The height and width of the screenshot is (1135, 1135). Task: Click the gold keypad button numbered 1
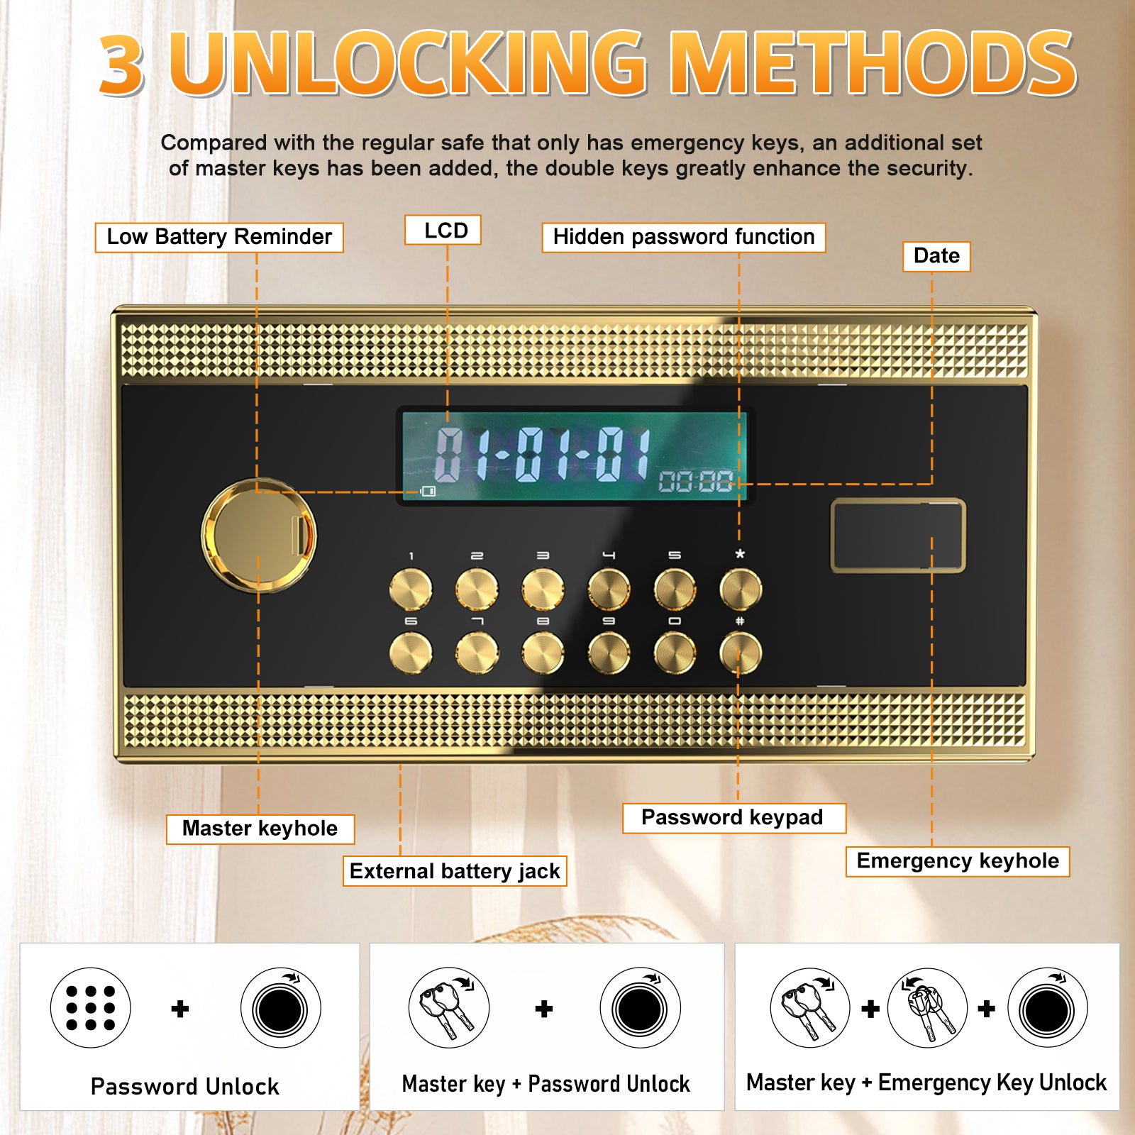pyautogui.click(x=411, y=589)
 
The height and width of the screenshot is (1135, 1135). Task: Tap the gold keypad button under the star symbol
pyautogui.click(x=741, y=589)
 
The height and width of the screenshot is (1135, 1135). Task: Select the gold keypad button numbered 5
pyautogui.click(x=675, y=589)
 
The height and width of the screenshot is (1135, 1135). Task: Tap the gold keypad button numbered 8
pyautogui.click(x=543, y=653)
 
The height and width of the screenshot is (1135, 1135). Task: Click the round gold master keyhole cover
pyautogui.click(x=259, y=536)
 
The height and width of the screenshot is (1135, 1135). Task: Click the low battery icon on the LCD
pyautogui.click(x=428, y=491)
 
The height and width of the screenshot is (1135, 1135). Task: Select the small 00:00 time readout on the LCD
pyautogui.click(x=695, y=482)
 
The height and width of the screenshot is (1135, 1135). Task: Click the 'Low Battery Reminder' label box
pyautogui.click(x=219, y=237)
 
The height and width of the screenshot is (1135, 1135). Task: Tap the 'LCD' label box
pyautogui.click(x=443, y=230)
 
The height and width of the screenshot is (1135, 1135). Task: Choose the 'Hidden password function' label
pyautogui.click(x=684, y=237)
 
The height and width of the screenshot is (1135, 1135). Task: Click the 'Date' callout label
pyautogui.click(x=936, y=256)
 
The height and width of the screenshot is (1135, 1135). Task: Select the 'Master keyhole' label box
pyautogui.click(x=260, y=829)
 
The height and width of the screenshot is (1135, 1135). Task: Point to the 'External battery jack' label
pyautogui.click(x=455, y=871)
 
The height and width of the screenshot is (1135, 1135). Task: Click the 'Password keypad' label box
pyautogui.click(x=733, y=818)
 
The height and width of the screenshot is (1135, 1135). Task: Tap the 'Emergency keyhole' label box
pyautogui.click(x=958, y=861)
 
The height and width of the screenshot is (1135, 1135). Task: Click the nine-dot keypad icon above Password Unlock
pyautogui.click(x=91, y=1008)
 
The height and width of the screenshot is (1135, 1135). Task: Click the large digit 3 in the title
pyautogui.click(x=122, y=64)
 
